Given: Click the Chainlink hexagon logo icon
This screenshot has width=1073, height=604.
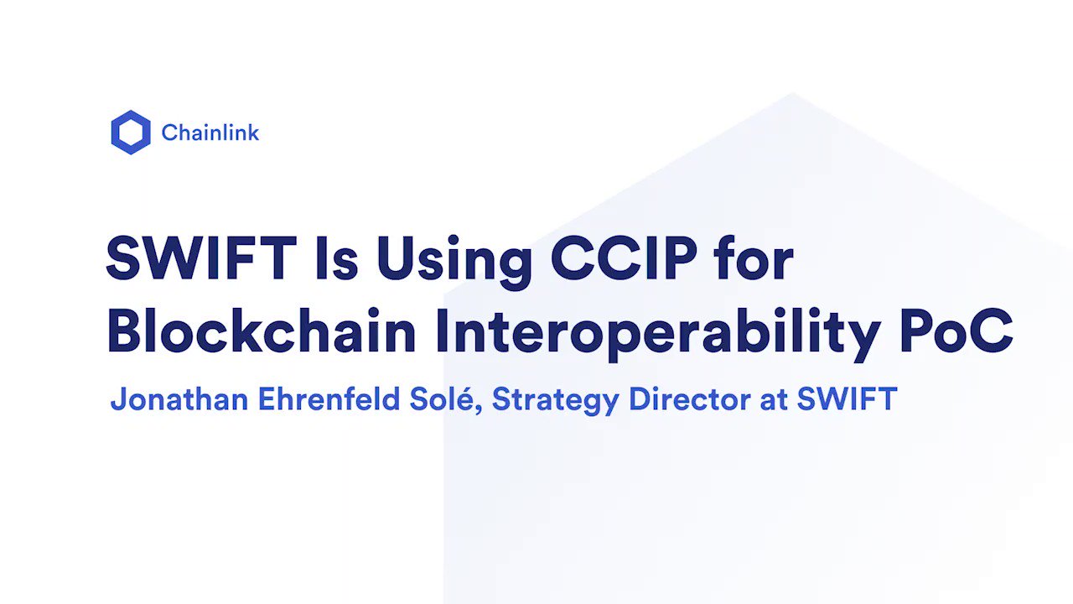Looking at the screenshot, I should pyautogui.click(x=131, y=133).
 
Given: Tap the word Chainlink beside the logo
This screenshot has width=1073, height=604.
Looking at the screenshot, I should pyautogui.click(x=210, y=133).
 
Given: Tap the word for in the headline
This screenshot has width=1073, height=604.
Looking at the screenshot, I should pyautogui.click(x=754, y=259).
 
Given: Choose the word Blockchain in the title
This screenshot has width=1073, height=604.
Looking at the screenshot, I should pyautogui.click(x=262, y=331).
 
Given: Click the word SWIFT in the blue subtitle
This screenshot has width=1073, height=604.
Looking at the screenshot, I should pyautogui.click(x=847, y=399).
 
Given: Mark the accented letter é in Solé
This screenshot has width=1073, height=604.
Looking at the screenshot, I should pyautogui.click(x=470, y=399).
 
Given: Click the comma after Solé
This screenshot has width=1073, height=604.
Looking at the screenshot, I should pyautogui.click(x=482, y=410).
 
